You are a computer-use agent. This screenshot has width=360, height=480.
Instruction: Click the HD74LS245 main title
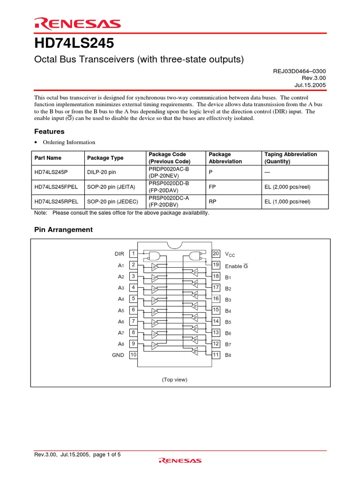(x=74, y=44)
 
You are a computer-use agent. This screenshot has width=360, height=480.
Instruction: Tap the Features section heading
(x=49, y=132)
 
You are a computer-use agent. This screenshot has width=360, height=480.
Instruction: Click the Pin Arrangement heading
(x=64, y=230)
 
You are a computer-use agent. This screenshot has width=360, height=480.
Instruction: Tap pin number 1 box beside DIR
(x=133, y=254)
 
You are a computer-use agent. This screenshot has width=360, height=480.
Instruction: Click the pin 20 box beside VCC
(x=216, y=254)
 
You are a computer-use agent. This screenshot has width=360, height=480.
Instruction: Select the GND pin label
(x=118, y=355)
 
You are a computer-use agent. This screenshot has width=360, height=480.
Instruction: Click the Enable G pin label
(x=236, y=266)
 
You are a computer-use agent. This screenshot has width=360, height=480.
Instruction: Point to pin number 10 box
(x=133, y=355)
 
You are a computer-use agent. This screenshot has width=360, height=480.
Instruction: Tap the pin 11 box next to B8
(x=216, y=355)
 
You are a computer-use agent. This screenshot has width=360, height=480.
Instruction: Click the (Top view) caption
(x=174, y=379)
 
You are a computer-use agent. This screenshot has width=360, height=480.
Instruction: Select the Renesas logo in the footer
(x=180, y=461)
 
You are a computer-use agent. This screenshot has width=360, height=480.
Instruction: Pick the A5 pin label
(x=121, y=310)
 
